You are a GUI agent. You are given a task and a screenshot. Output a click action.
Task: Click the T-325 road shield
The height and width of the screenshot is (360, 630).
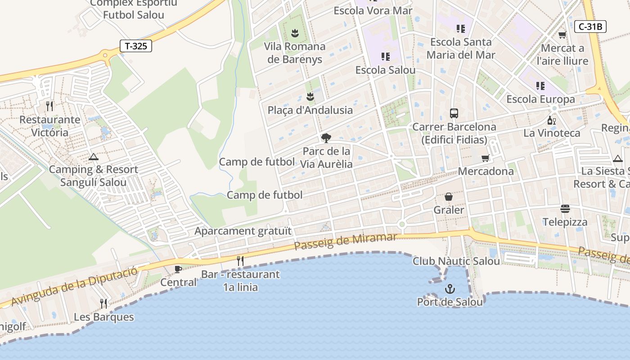(x=136, y=46)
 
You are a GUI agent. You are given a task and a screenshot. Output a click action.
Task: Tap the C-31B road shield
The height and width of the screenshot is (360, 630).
(x=590, y=27)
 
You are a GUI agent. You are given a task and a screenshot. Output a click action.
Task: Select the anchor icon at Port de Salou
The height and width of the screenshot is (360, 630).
(x=450, y=289)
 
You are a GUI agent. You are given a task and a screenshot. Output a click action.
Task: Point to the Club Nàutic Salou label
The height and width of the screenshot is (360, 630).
(x=456, y=261)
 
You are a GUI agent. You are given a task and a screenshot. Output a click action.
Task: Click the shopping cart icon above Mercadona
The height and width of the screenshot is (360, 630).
(x=485, y=158)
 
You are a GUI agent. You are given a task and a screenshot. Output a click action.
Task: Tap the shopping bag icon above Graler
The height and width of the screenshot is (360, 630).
(x=449, y=197)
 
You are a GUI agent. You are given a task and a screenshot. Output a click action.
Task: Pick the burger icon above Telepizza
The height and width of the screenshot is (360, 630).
(x=565, y=209)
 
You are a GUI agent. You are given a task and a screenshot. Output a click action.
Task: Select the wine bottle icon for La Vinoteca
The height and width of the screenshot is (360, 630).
(x=551, y=120)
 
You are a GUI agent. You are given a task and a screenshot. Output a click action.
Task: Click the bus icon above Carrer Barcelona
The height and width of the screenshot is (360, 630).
(x=454, y=113)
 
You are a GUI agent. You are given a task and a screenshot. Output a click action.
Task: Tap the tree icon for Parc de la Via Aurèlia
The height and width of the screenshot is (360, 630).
(x=326, y=138)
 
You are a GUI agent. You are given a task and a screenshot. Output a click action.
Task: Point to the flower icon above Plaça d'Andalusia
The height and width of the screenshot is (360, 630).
(x=310, y=96)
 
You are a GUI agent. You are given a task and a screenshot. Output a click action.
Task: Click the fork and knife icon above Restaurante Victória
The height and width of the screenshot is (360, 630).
(x=49, y=106)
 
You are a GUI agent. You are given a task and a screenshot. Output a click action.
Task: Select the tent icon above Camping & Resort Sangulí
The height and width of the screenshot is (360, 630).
(x=93, y=157)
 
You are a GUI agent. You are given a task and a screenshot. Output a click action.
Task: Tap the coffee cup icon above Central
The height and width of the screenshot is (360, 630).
(x=178, y=269)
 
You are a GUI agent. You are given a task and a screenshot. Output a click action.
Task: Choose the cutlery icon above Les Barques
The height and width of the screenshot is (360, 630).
(x=103, y=303)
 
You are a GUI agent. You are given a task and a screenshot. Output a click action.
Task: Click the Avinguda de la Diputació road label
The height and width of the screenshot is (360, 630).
(x=74, y=286)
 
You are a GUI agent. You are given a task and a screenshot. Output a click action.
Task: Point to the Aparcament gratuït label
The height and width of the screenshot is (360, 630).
(x=243, y=231)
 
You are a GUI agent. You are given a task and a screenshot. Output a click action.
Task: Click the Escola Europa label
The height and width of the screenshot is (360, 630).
(x=540, y=99)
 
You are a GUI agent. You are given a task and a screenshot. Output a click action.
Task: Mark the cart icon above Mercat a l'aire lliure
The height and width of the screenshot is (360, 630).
(x=562, y=35)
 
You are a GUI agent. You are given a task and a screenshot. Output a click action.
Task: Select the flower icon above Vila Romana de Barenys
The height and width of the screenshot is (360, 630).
(x=295, y=33)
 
